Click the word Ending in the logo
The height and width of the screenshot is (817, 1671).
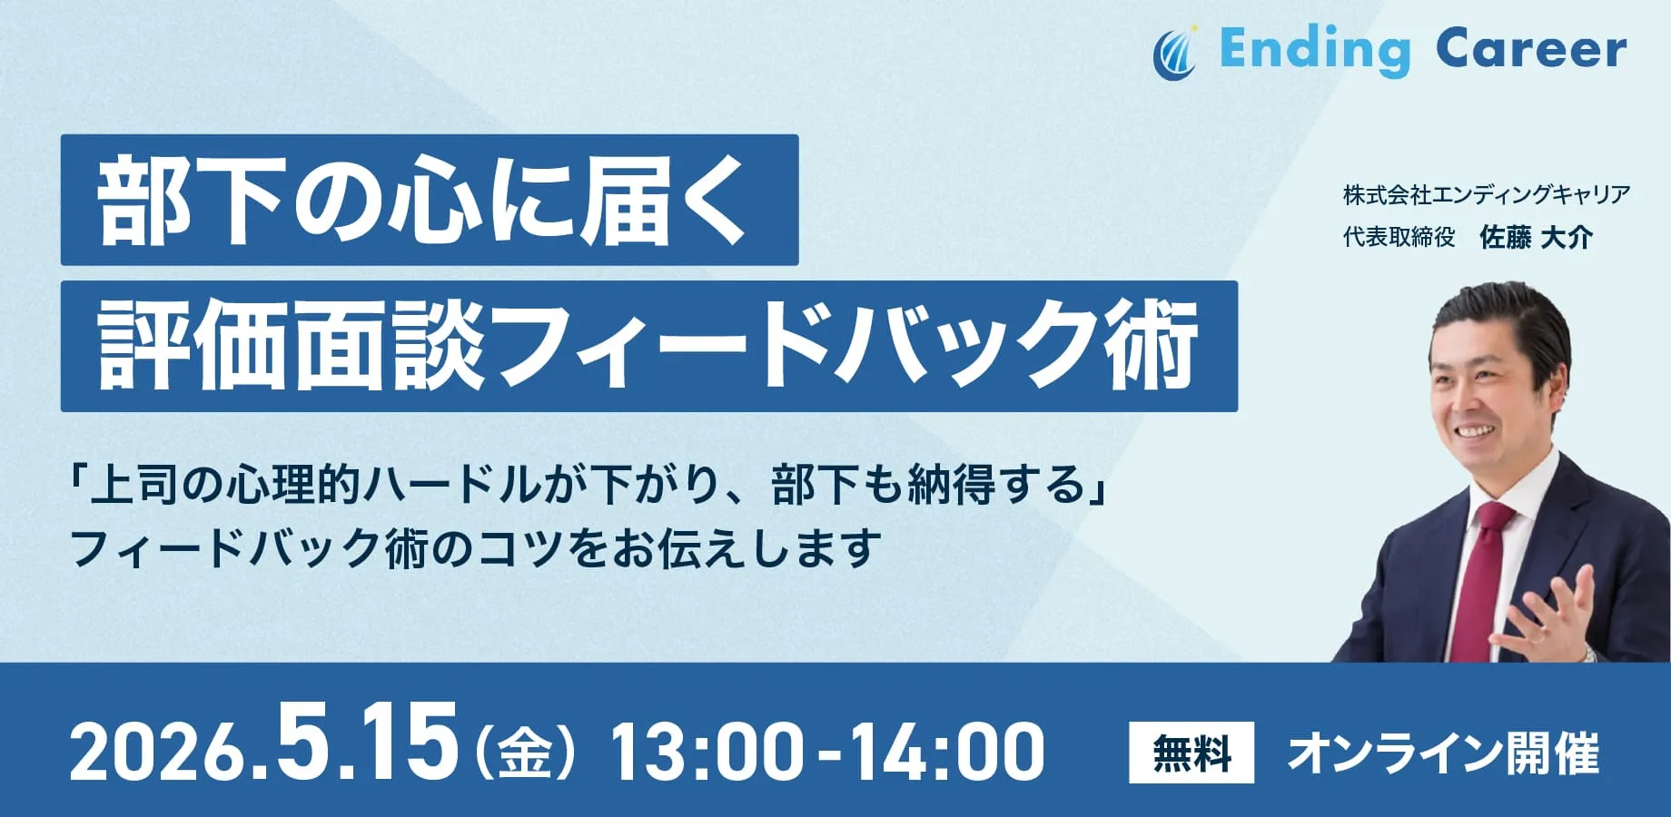click(x=1315, y=51)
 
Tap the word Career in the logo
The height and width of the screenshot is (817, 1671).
click(x=1531, y=49)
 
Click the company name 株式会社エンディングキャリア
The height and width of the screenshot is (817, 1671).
click(x=1486, y=194)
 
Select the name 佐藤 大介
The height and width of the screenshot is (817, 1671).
click(x=1536, y=238)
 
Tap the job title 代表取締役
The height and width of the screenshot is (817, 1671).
click(x=1399, y=238)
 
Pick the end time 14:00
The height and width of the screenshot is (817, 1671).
click(x=948, y=752)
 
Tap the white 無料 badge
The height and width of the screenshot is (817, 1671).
click(x=1191, y=753)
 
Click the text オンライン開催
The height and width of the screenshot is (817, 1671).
click(x=1443, y=753)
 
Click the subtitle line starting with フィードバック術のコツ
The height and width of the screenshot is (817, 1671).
click(x=475, y=548)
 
